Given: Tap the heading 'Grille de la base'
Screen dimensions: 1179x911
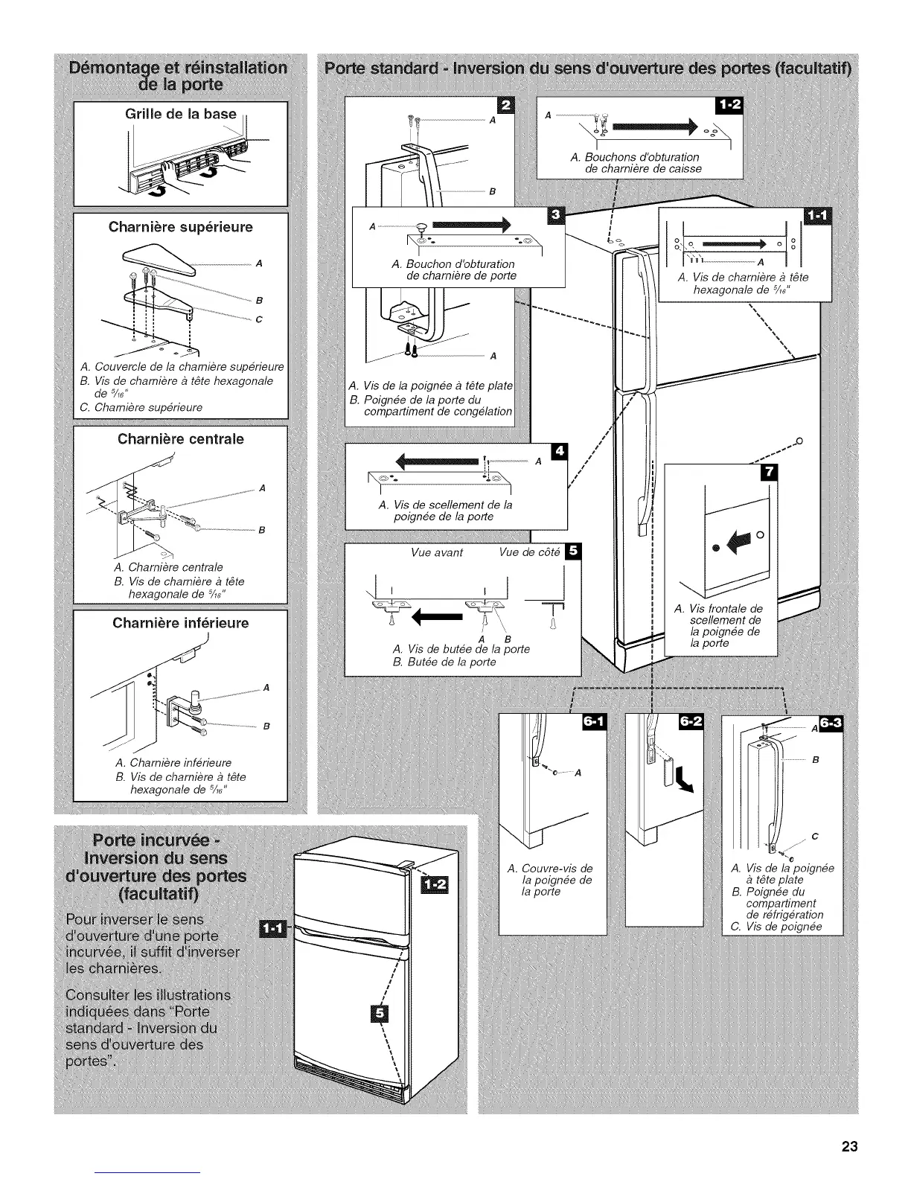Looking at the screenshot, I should pyautogui.click(x=180, y=114).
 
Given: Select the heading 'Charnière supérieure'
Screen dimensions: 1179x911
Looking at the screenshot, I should pyautogui.click(x=181, y=227).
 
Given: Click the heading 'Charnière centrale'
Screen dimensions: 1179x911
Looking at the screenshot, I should pyautogui.click(x=181, y=438).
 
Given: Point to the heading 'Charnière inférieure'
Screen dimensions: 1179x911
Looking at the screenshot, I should pyautogui.click(x=181, y=622).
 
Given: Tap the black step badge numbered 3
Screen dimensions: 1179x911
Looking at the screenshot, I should pyautogui.click(x=555, y=216).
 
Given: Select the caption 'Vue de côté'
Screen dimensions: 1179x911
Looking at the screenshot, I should pyautogui.click(x=529, y=552).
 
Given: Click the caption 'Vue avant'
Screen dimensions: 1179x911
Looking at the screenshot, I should pyautogui.click(x=437, y=552).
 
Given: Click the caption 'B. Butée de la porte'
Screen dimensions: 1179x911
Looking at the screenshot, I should pyautogui.click(x=444, y=662).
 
